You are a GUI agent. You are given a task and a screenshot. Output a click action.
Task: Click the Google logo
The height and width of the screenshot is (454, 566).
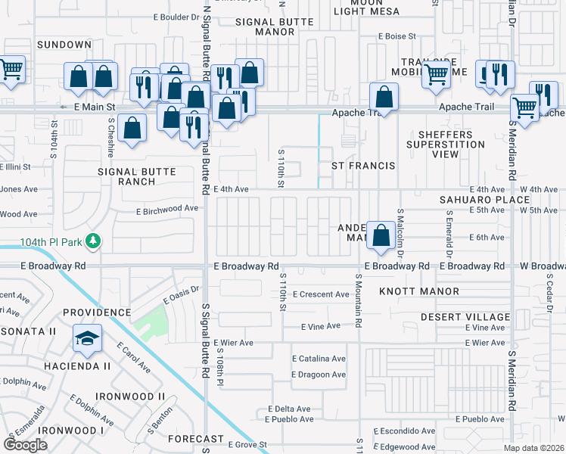coord(25,445)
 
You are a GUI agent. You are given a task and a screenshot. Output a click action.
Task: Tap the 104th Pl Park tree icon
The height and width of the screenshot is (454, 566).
coord(93,241)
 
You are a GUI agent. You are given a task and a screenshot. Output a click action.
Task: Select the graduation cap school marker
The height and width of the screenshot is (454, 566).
coord(87,338)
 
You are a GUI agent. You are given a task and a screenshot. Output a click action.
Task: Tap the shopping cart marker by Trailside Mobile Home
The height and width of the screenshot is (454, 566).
coord(437,75)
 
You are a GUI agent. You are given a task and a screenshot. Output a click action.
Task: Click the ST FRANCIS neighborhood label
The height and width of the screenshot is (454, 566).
coord(364,166)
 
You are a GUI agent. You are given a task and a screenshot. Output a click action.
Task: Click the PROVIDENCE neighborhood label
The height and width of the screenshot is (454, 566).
coord(97,312)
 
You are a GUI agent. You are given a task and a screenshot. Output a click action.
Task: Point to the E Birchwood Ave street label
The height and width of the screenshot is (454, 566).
coord(166,208)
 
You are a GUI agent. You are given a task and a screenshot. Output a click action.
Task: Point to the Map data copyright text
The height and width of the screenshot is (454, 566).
coord(534,448)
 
